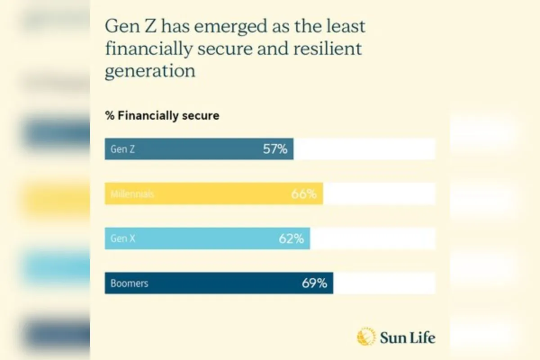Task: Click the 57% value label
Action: [275, 149]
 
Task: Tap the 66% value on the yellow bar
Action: [303, 194]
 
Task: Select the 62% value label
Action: [291, 238]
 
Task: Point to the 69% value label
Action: [314, 283]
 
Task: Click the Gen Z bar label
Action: [122, 149]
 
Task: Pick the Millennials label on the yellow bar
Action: [132, 194]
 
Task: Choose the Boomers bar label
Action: [129, 283]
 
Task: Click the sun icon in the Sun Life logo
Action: [366, 337]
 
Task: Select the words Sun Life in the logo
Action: [408, 337]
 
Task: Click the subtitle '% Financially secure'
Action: [162, 116]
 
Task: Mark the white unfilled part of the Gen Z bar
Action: [364, 149]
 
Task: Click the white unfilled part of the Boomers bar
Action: [384, 283]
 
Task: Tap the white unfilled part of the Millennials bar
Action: [379, 193]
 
